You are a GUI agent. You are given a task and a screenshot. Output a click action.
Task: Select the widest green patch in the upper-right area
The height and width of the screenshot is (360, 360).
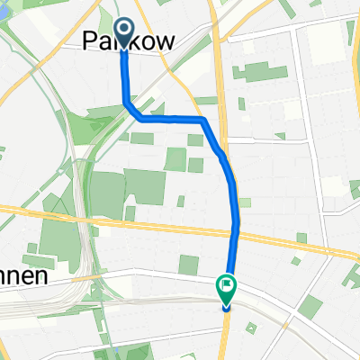(x=260, y=71)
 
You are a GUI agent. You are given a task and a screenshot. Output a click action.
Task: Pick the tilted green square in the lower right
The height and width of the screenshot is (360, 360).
(x=310, y=307)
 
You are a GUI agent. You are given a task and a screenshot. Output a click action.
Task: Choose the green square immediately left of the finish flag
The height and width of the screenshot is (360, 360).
(x=188, y=265)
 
